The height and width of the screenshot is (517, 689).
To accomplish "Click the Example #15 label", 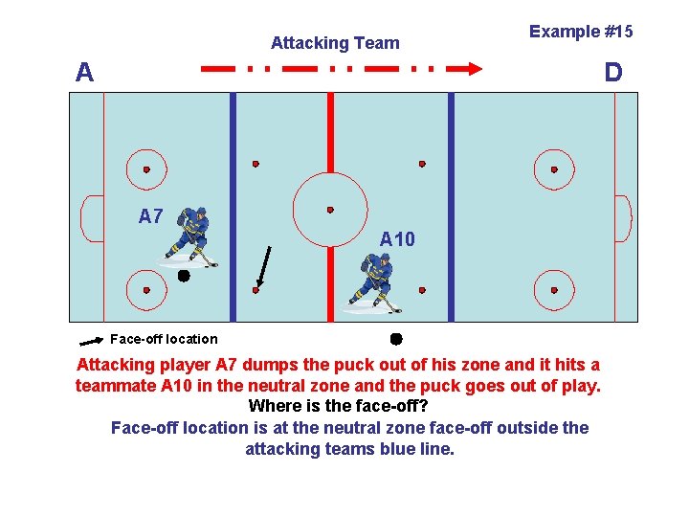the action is tap(581, 32).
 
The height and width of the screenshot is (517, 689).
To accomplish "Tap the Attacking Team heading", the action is tap(335, 43).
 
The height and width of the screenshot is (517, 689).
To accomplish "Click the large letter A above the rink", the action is tap(85, 73).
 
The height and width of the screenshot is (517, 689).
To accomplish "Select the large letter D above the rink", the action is tap(612, 73).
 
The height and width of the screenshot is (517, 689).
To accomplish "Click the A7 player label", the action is tap(150, 216).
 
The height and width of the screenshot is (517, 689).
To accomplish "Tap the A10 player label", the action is tap(397, 239).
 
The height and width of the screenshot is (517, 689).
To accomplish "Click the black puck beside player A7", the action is tap(183, 276).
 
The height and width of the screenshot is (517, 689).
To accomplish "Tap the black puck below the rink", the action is tap(395, 339).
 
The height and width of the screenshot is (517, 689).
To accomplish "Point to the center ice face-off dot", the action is tap(330, 210).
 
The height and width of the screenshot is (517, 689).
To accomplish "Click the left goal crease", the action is tap(92, 218).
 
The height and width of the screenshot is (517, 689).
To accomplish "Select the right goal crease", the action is tap(622, 218).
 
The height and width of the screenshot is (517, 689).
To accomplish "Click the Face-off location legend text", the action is tap(164, 339).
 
